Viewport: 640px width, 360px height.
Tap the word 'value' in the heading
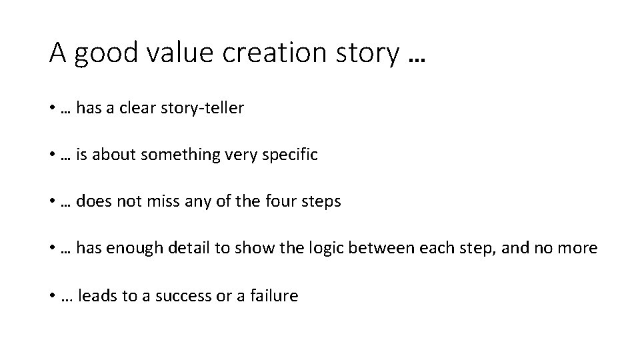point(180,53)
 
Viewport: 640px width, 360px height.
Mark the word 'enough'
point(127,248)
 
